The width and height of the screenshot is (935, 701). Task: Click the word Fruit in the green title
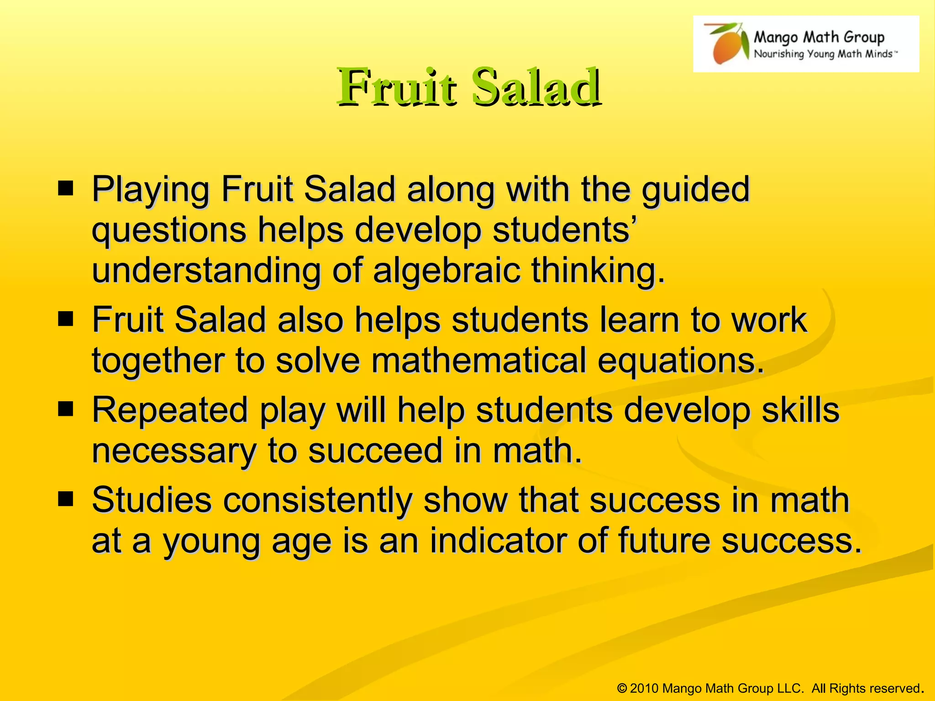pos(396,87)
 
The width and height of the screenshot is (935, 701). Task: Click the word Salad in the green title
pos(535,87)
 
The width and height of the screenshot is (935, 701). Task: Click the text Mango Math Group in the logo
pos(819,37)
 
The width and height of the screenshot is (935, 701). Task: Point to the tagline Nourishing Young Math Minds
pos(825,54)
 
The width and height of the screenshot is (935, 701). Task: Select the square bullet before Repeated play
pos(66,409)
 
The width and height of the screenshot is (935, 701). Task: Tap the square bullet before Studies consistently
pos(66,499)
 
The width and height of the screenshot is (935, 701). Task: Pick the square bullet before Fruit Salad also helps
pos(66,319)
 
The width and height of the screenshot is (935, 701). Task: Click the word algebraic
pos(446,271)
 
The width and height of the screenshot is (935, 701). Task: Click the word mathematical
pos(478,361)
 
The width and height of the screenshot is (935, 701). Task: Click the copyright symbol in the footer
pos(622,688)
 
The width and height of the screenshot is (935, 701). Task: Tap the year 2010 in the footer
pos(644,688)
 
